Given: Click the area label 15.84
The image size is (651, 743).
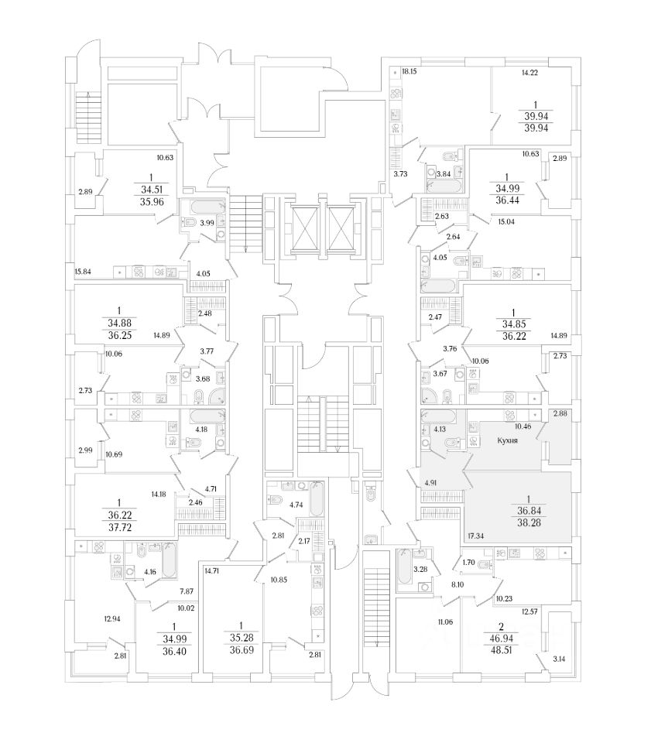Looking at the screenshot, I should click(x=84, y=271).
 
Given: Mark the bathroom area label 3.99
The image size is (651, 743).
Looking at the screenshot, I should click(x=207, y=224).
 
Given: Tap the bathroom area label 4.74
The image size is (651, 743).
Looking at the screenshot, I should click(x=296, y=505).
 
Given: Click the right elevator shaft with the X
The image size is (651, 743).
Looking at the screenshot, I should click(x=341, y=224).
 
